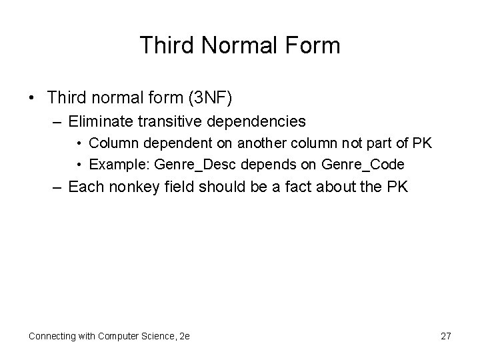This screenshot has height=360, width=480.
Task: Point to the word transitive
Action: point(176,121)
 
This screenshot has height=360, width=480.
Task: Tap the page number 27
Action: point(445,336)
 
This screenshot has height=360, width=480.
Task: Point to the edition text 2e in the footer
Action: point(184,336)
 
